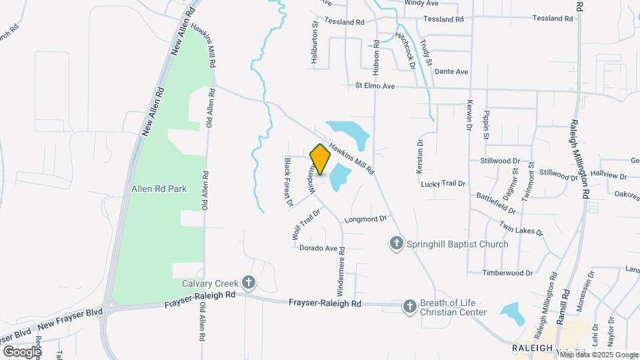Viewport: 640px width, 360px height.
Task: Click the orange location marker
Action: (x=321, y=159)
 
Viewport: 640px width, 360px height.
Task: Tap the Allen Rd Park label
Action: (x=159, y=189)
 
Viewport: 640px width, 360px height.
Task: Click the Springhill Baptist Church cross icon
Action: (x=397, y=243)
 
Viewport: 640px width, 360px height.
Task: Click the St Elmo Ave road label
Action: (x=375, y=86)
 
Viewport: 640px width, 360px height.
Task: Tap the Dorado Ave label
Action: (x=319, y=248)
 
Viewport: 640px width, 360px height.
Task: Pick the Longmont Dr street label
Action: (x=365, y=219)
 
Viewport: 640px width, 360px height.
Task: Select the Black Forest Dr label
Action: (x=289, y=182)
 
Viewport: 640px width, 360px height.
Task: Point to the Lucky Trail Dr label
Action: (x=443, y=183)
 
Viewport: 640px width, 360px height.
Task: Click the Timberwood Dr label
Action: (x=509, y=273)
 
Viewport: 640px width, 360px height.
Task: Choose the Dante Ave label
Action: (x=451, y=71)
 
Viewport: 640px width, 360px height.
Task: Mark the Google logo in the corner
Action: (x=22, y=351)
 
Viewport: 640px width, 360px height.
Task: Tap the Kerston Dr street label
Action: (x=420, y=157)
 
